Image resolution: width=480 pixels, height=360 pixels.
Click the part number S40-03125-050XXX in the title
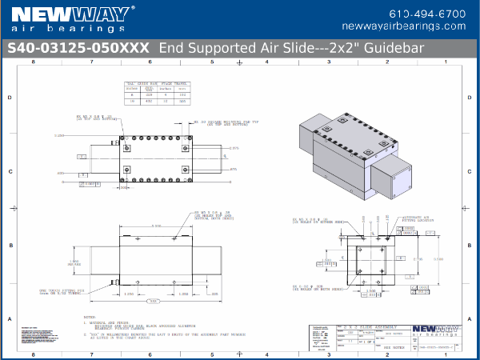tap(78, 47)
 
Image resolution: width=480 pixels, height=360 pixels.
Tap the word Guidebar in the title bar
tap(395, 47)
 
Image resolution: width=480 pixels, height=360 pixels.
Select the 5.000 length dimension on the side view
tap(157, 226)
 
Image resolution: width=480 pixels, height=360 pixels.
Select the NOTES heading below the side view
tap(89, 317)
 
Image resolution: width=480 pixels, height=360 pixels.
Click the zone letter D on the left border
tap(9, 98)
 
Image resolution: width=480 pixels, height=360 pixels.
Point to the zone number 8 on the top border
tap(32, 62)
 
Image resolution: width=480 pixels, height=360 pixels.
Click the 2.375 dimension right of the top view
tap(234, 149)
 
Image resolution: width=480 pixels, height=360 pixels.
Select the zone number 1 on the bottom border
tap(446, 354)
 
